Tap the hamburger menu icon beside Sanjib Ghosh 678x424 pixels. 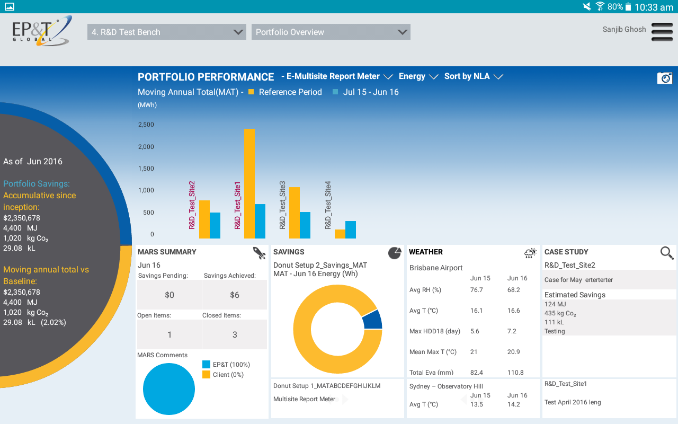662,32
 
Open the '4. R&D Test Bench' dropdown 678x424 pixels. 166,32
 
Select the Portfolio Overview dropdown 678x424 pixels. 331,32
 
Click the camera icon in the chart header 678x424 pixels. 664,78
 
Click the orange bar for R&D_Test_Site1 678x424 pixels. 249,183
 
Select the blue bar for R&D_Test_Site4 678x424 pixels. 351,229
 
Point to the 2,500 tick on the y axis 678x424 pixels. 146,125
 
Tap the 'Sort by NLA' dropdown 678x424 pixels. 473,76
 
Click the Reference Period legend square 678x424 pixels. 251,92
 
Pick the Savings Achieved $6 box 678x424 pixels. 235,295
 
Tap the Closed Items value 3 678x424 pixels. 235,334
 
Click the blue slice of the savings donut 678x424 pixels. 373,319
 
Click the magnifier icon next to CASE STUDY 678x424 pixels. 667,253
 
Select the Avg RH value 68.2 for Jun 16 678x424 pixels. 513,290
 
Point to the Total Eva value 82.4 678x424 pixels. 477,373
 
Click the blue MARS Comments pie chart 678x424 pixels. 169,388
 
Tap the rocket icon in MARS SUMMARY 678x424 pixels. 259,253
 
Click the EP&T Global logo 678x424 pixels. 42,31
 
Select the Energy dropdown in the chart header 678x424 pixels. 418,76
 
